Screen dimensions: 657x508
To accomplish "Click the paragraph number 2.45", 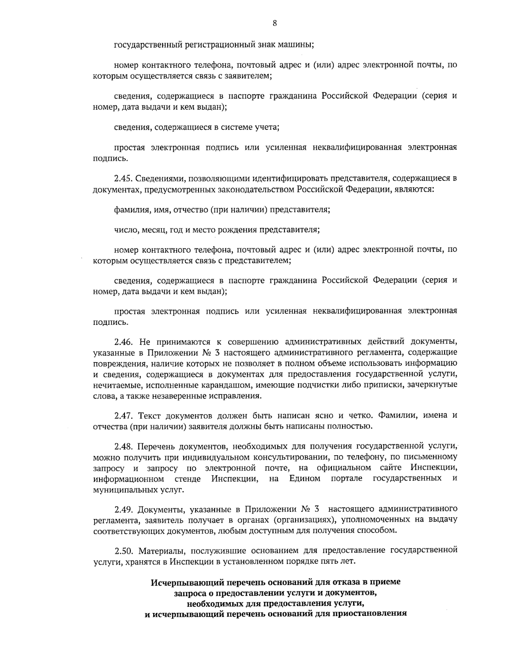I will click(123, 179).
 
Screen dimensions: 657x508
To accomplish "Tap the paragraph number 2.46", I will click(123, 341).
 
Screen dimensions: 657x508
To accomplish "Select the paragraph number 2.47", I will click(123, 415).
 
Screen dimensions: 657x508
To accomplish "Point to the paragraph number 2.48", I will click(123, 446).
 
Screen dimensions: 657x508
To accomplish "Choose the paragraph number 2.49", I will click(123, 508).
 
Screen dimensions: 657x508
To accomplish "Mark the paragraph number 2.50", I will click(123, 550).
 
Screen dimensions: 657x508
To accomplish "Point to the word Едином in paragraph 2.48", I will click(305, 478).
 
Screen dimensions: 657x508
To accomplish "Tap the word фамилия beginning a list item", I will click(129, 210).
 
